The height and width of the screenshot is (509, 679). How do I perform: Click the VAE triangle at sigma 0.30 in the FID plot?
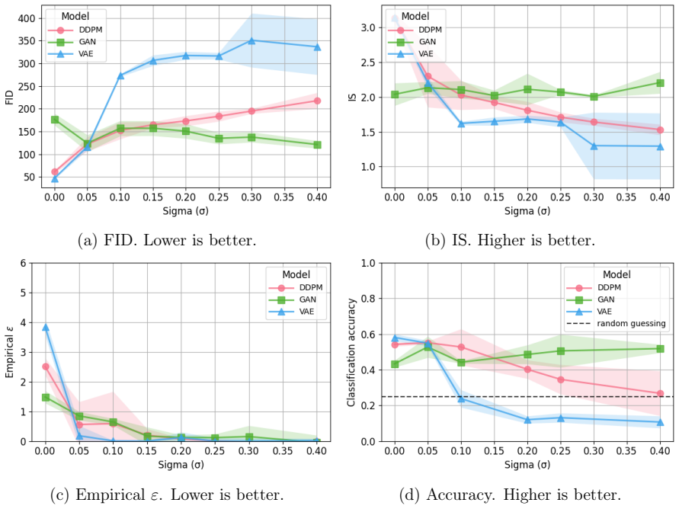(251, 40)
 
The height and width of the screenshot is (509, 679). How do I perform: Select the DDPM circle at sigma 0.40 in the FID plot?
(318, 101)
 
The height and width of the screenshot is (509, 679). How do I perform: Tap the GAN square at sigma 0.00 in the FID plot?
(55, 120)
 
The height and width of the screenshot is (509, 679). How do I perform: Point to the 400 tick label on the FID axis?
(27, 18)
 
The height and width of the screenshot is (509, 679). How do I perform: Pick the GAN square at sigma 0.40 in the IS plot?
(661, 82)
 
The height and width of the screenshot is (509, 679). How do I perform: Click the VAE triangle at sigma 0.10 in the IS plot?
(461, 123)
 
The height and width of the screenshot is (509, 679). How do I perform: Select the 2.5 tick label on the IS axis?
(369, 62)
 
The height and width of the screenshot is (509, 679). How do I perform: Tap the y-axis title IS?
(353, 98)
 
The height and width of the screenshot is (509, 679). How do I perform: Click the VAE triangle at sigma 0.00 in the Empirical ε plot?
(46, 327)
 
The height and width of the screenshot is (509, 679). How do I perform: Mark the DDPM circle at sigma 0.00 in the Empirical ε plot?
(46, 367)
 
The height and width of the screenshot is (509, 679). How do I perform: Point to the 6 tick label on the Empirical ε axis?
(24, 263)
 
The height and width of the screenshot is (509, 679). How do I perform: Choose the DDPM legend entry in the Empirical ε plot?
(296, 288)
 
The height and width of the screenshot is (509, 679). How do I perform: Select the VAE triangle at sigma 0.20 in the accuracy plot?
(527, 420)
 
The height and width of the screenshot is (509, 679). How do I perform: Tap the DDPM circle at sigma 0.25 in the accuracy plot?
(561, 379)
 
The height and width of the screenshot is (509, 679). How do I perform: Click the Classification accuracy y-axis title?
(351, 352)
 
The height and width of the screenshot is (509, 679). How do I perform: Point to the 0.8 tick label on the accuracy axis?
(369, 299)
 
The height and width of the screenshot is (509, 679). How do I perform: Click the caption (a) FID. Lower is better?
(167, 240)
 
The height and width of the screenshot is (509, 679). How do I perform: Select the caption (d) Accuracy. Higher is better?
(510, 495)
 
